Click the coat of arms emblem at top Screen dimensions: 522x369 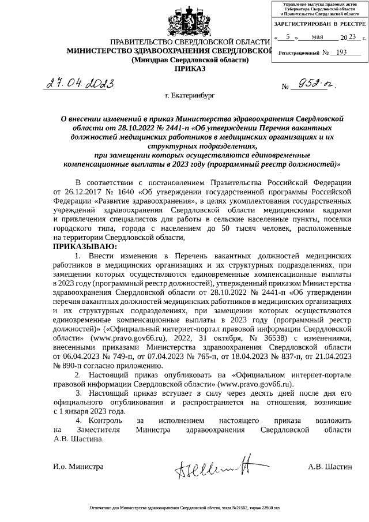click(x=184, y=20)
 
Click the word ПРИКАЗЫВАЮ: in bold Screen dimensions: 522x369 click(x=85, y=246)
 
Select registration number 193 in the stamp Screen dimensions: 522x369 click(x=341, y=52)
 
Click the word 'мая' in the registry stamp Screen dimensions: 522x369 click(x=317, y=37)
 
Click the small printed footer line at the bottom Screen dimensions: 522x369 click(x=185, y=508)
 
